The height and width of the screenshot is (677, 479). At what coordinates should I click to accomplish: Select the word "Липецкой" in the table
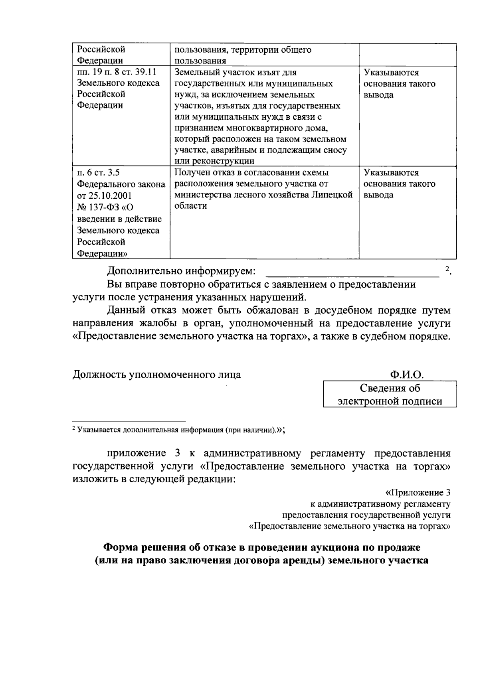[333, 195]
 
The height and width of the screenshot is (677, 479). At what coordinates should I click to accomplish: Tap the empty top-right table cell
[407, 55]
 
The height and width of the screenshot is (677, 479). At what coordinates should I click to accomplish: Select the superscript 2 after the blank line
[447, 268]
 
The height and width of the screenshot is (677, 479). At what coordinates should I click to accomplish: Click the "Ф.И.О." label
[407, 375]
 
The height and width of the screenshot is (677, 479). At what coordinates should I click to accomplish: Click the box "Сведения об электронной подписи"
[390, 394]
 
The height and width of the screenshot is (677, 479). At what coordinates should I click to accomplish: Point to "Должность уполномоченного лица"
[156, 375]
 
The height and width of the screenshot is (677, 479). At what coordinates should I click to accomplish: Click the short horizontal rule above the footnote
[129, 421]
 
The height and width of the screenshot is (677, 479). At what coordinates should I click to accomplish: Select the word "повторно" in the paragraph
[181, 284]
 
